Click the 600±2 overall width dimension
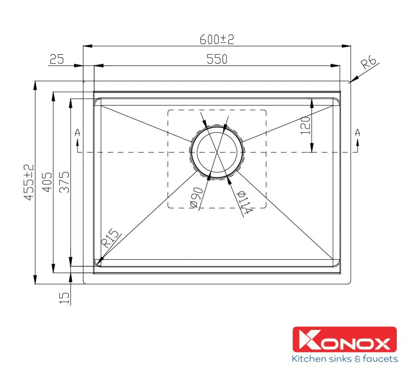(x=217, y=39)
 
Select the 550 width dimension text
(x=217, y=59)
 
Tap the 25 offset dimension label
(x=57, y=59)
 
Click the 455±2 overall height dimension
(x=29, y=182)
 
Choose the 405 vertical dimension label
(x=47, y=182)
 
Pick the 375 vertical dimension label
(x=64, y=182)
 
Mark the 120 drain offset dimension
(x=305, y=125)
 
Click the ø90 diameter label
(x=196, y=198)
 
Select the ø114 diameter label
(x=245, y=202)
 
